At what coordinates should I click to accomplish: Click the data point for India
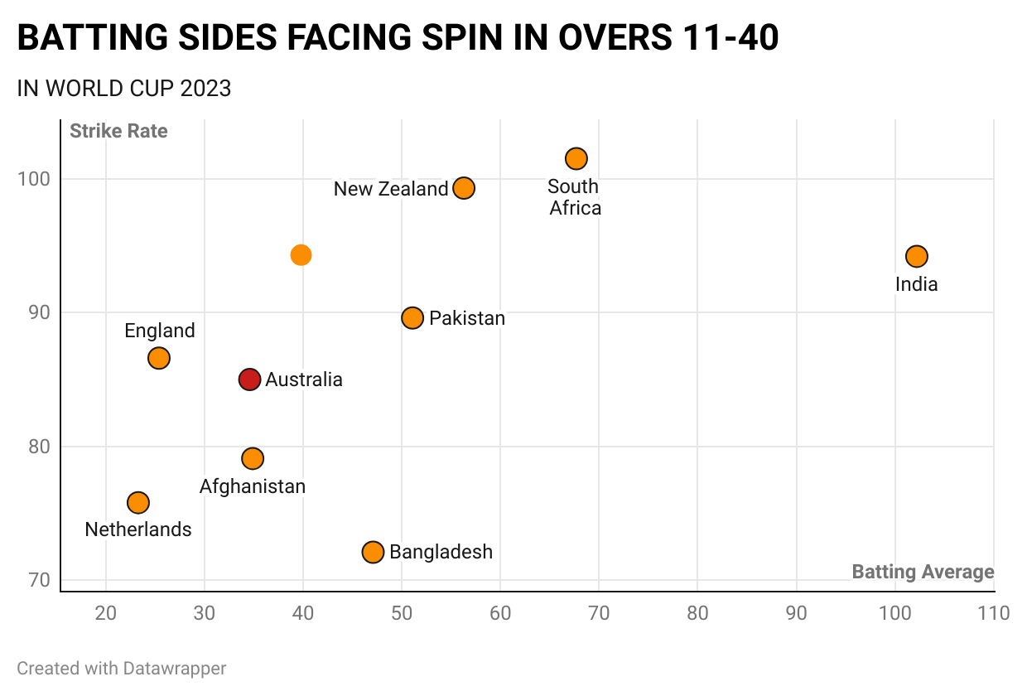tap(916, 257)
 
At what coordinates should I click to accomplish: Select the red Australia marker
tap(250, 379)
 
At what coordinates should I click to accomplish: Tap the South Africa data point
tap(576, 158)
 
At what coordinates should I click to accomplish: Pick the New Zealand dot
tap(464, 188)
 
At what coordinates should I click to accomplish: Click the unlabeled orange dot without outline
tap(301, 255)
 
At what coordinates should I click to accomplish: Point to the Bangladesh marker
tap(373, 552)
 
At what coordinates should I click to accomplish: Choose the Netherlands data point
tap(138, 503)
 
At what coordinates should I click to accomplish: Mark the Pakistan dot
tap(412, 318)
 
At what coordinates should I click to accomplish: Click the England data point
tap(159, 358)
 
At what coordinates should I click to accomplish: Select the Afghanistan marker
tap(253, 458)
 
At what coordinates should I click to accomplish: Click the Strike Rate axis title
tap(118, 131)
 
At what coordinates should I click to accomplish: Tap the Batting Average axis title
tap(923, 572)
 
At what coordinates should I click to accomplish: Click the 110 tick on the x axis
tap(993, 613)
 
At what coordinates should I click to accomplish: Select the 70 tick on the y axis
tap(40, 580)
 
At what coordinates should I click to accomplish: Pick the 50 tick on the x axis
tap(402, 613)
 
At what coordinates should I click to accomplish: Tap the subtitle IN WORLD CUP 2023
tap(124, 89)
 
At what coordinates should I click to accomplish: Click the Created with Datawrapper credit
tap(121, 668)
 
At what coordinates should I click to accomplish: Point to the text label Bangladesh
tap(441, 552)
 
